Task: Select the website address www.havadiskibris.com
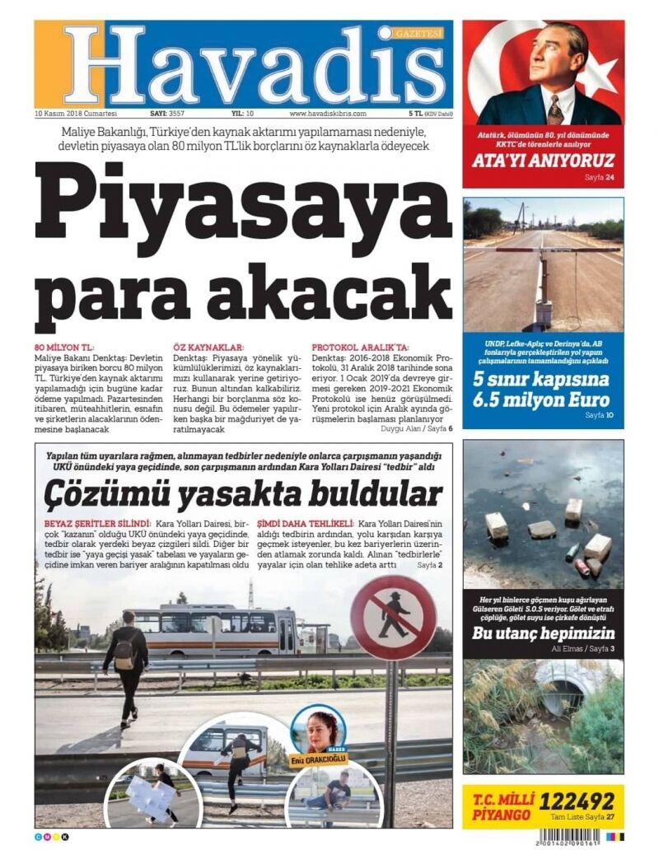tap(327, 114)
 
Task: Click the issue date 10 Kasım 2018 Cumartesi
tap(76, 114)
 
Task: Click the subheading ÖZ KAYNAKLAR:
tap(209, 348)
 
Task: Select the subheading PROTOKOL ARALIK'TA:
tap(360, 348)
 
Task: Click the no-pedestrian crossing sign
tap(392, 618)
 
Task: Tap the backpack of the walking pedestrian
tap(125, 652)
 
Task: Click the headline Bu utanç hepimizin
tap(543, 633)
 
